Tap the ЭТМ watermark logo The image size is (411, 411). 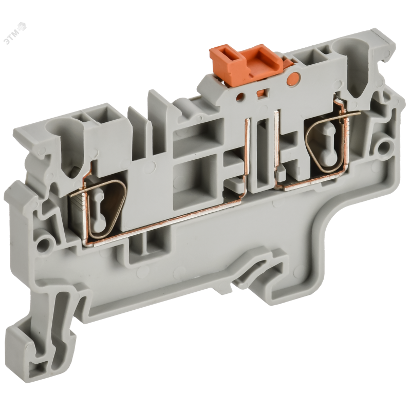tap(15, 33)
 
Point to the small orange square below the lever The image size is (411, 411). tap(261, 92)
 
